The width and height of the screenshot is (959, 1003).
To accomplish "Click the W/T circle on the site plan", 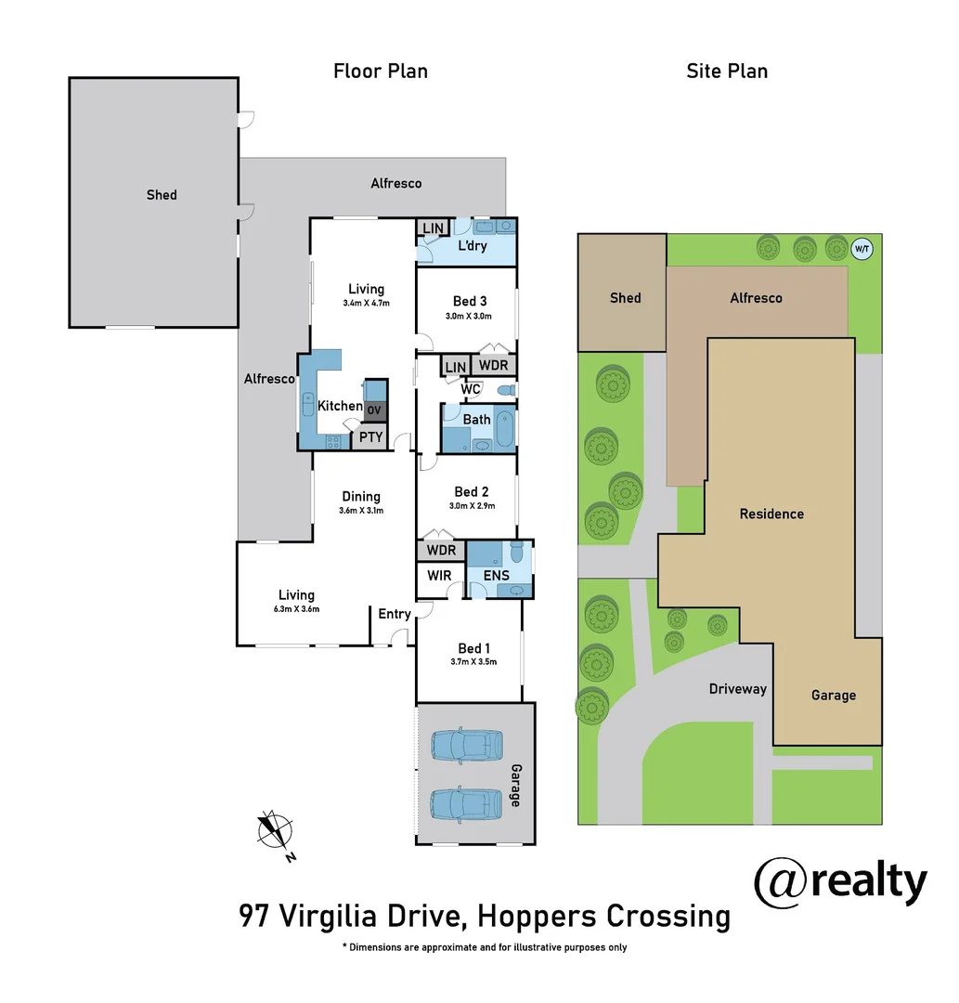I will click(x=862, y=248).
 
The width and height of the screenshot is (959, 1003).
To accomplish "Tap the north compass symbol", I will click(x=275, y=828).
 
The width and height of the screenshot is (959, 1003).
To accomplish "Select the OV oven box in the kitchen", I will click(x=374, y=410).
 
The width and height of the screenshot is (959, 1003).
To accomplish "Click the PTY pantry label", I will click(x=371, y=436).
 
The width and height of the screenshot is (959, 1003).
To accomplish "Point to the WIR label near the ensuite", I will click(x=439, y=576).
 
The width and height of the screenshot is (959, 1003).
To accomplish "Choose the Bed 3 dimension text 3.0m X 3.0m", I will click(x=469, y=316).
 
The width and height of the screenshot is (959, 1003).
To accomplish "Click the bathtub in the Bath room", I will click(x=504, y=428).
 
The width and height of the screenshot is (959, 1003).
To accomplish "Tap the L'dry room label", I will click(x=473, y=247).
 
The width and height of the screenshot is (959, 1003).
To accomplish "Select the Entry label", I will click(x=395, y=614).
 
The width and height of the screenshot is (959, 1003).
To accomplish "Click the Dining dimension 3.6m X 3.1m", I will click(x=361, y=511).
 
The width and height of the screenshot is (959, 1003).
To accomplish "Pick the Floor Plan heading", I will click(x=381, y=72).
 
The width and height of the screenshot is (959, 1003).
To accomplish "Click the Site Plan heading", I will click(x=727, y=72).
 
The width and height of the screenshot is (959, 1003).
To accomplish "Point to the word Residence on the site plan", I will click(x=771, y=514).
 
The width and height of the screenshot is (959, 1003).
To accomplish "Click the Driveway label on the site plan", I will click(x=738, y=689).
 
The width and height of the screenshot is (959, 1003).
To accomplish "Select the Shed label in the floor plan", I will click(x=162, y=195).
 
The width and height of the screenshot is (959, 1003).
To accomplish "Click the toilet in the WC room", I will click(x=505, y=390).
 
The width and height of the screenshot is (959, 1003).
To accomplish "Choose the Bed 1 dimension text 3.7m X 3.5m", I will click(x=471, y=662).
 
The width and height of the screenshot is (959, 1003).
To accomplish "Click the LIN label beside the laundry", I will click(x=433, y=228).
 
